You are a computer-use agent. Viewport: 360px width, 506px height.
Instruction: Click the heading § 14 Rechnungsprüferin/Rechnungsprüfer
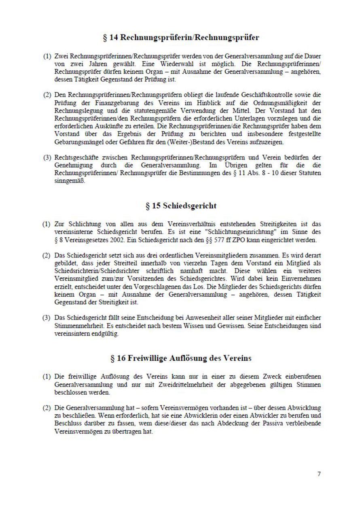point(181,38)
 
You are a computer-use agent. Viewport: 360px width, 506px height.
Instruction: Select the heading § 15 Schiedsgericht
point(181,206)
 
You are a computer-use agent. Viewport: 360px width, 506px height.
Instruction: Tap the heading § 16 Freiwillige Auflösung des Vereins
point(181,358)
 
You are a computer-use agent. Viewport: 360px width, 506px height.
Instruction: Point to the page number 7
point(319,474)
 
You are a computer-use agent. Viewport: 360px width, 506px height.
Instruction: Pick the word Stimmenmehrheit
point(76,325)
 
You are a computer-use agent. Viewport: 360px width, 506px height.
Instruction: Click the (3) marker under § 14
point(47,157)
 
